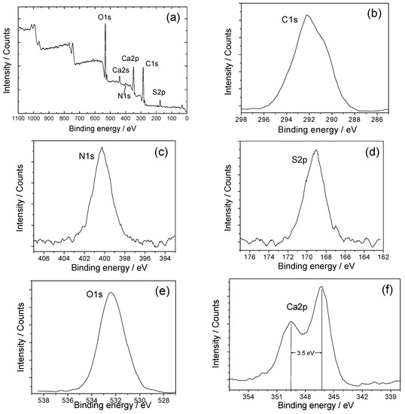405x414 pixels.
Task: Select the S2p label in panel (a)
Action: pyautogui.click(x=160, y=92)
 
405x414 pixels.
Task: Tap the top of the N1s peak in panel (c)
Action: pyautogui.click(x=102, y=148)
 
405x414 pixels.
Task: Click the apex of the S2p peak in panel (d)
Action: pyautogui.click(x=316, y=150)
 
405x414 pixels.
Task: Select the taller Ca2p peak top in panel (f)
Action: pyautogui.click(x=321, y=287)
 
